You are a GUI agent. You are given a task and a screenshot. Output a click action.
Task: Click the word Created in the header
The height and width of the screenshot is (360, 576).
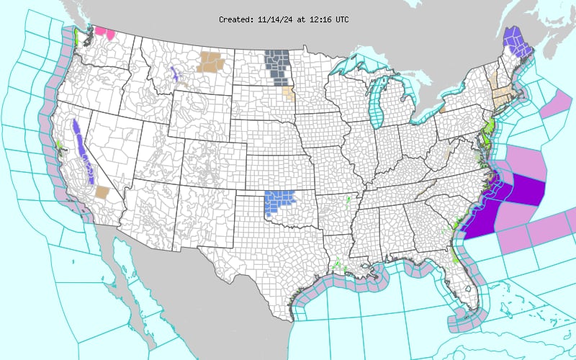click(235, 19)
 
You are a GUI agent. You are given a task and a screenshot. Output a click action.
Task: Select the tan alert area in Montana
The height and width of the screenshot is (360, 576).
click(211, 60)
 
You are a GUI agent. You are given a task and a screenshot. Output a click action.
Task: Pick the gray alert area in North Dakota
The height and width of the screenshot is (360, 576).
click(277, 66)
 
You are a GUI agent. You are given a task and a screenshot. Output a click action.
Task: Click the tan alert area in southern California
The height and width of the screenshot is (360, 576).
click(102, 192)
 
